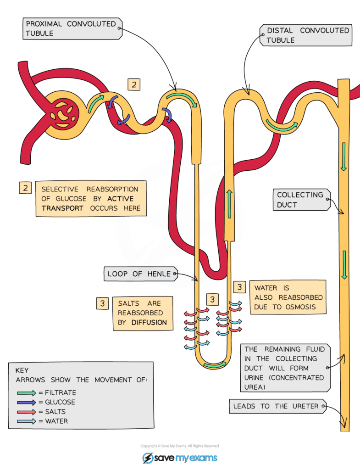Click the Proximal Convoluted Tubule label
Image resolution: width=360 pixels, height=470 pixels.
click(72, 28)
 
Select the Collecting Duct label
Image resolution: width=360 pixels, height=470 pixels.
click(300, 200)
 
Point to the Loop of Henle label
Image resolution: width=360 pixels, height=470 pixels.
click(139, 274)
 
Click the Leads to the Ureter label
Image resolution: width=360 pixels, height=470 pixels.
click(277, 406)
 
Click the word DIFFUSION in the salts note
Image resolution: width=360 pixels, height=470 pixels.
click(149, 322)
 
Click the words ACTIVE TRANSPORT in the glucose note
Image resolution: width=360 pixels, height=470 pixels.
click(87, 203)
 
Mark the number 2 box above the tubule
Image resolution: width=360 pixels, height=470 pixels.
click(133, 84)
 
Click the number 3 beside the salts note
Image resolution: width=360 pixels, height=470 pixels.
click(103, 303)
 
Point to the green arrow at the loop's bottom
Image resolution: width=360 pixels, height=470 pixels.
click(215, 365)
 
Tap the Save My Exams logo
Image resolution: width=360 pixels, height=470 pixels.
click(180, 458)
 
